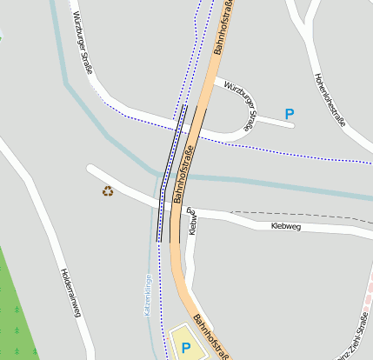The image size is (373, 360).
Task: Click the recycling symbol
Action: click(108, 191)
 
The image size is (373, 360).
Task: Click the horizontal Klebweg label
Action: click(285, 226)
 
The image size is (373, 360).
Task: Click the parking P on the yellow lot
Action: click(185, 348)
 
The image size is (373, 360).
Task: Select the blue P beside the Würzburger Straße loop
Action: click(290, 113)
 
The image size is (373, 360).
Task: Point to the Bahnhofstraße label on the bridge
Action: click(184, 174)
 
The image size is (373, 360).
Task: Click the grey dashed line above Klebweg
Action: click(296, 213)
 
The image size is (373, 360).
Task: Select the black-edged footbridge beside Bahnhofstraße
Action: click(171, 174)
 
